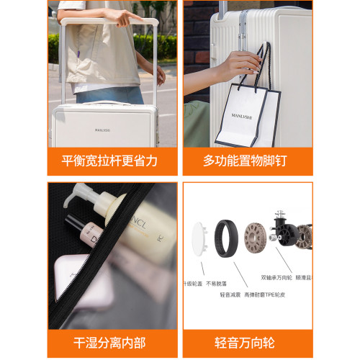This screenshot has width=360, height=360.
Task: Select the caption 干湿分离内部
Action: pyautogui.click(x=112, y=343)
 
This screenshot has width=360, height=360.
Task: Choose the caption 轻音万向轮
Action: pyautogui.click(x=247, y=343)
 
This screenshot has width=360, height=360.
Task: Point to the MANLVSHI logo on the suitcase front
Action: pyautogui.click(x=104, y=130)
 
